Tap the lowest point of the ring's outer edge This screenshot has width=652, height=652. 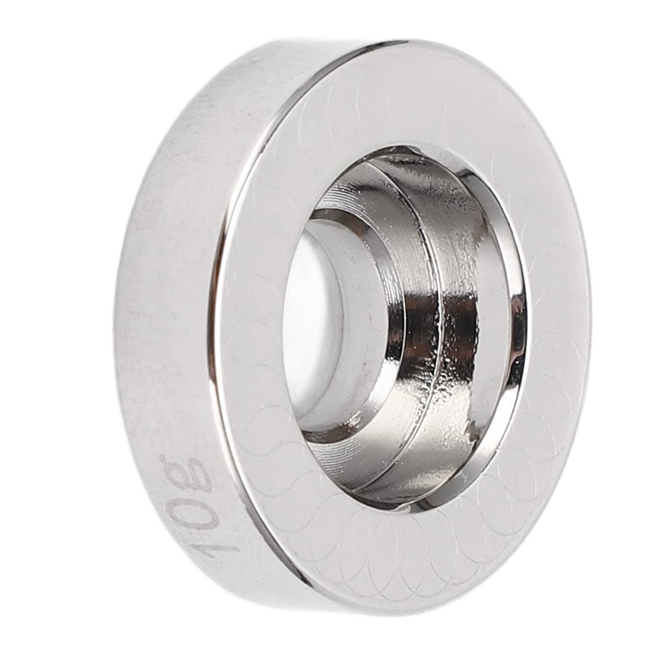[391, 613]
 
